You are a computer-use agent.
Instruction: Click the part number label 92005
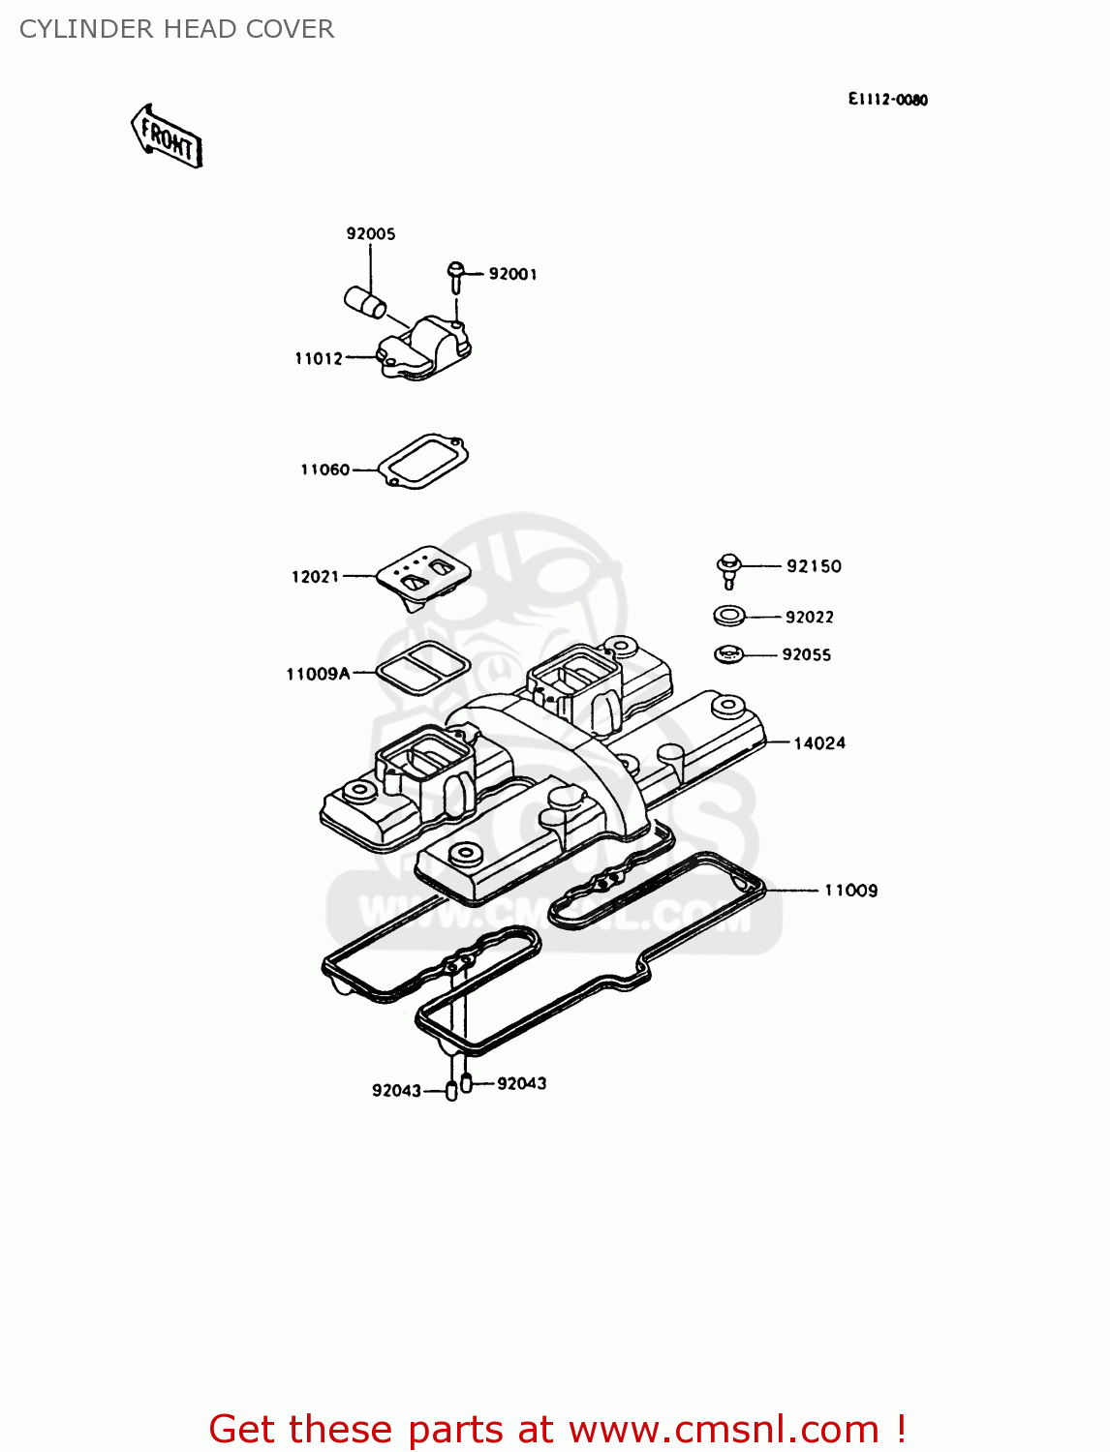371,233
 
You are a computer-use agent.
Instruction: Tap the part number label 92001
512,274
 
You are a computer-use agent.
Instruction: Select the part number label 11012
319,358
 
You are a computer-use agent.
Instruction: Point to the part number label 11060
324,469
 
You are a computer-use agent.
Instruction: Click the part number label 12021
315,576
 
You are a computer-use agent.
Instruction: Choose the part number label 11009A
318,674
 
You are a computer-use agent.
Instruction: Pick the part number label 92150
814,566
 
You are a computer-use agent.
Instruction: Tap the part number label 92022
809,617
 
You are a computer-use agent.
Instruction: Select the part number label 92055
806,654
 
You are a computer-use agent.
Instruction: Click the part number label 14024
819,742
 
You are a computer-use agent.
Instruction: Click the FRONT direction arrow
167,137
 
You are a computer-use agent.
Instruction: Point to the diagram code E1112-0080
887,100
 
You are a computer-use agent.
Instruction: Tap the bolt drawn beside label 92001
454,275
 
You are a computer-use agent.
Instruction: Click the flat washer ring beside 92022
728,615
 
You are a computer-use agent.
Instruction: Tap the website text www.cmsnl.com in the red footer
724,1429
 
